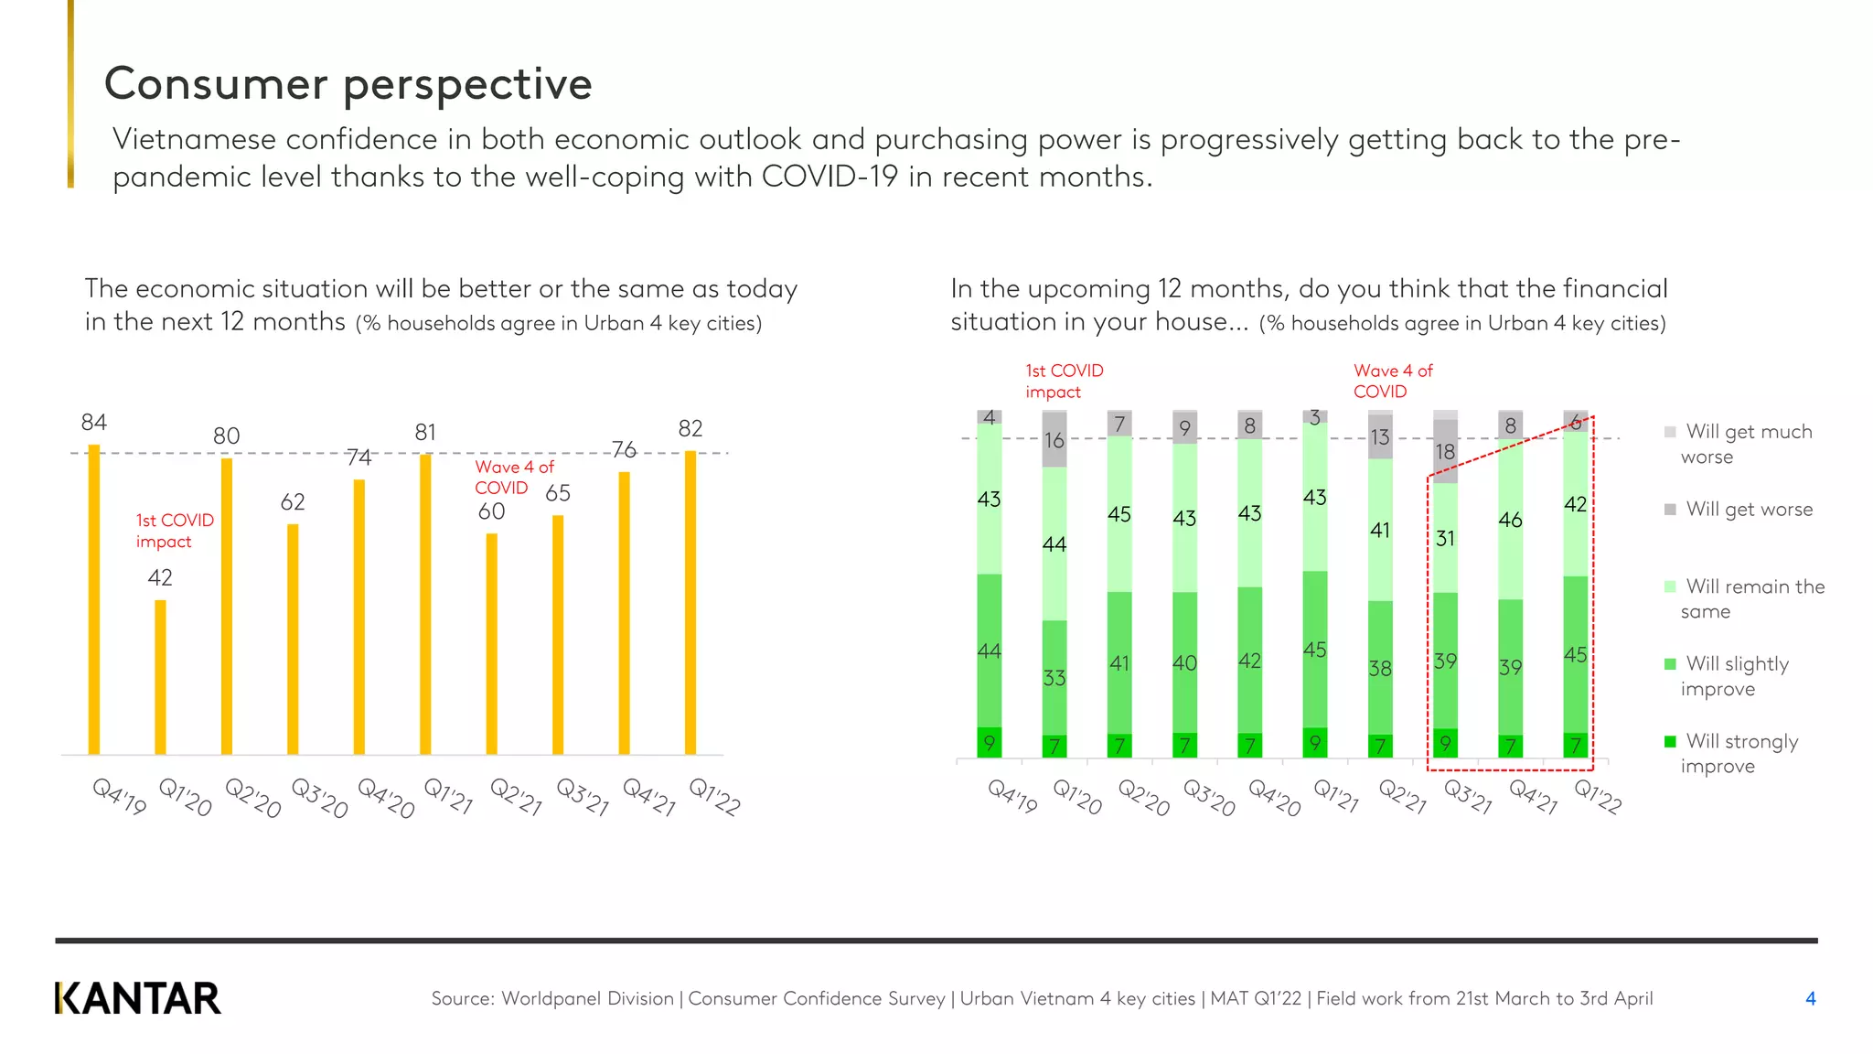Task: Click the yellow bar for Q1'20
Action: tap(160, 677)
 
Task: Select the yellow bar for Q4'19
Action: tap(94, 599)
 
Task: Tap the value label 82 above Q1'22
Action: tap(690, 428)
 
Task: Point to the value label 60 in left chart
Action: tap(491, 511)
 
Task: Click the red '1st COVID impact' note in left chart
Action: tap(174, 531)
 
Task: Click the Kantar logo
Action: tap(138, 998)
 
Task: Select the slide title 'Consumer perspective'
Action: tap(348, 83)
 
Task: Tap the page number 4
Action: tap(1810, 998)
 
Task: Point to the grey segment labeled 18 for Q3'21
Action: tap(1445, 451)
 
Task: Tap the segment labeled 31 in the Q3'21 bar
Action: tap(1445, 538)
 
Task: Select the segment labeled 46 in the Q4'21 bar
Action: tap(1510, 520)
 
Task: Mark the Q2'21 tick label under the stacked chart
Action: tap(1402, 796)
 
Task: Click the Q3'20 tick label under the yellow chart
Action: tap(319, 798)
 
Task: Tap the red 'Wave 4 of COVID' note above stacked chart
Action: tap(1393, 381)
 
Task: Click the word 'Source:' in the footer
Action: tap(462, 998)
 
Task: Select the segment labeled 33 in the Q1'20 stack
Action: tap(1054, 677)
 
